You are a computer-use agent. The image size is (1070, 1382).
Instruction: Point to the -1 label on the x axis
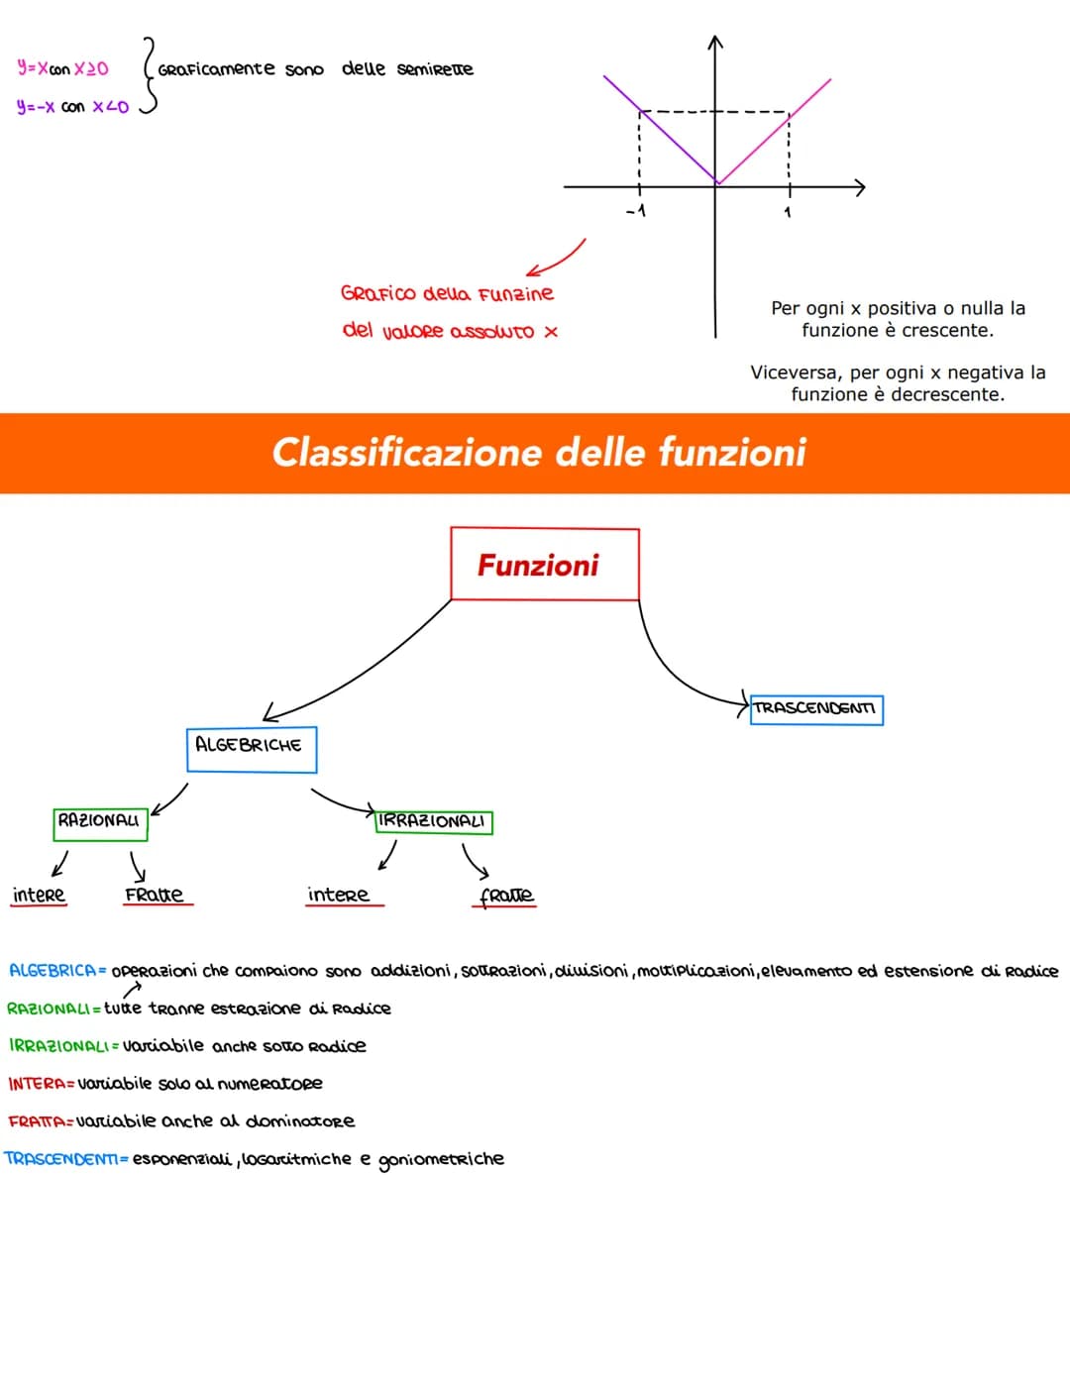[x=636, y=210]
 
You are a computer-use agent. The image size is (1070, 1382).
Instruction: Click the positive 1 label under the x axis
[x=788, y=212]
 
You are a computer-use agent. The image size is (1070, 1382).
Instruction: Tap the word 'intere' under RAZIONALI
[x=39, y=895]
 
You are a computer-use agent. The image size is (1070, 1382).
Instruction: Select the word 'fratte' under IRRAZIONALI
[x=506, y=897]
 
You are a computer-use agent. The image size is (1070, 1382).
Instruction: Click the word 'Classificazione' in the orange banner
[x=408, y=453]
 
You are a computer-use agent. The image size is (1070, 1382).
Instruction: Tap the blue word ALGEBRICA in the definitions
[x=53, y=970]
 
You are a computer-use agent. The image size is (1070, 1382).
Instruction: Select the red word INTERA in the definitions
[x=38, y=1083]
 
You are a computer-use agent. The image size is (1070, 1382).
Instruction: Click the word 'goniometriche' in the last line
[x=441, y=1159]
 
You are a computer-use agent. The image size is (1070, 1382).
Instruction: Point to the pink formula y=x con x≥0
[x=63, y=68]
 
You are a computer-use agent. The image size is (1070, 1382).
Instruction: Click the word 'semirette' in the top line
[x=435, y=68]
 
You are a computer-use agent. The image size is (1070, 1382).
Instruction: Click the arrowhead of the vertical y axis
[x=715, y=42]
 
